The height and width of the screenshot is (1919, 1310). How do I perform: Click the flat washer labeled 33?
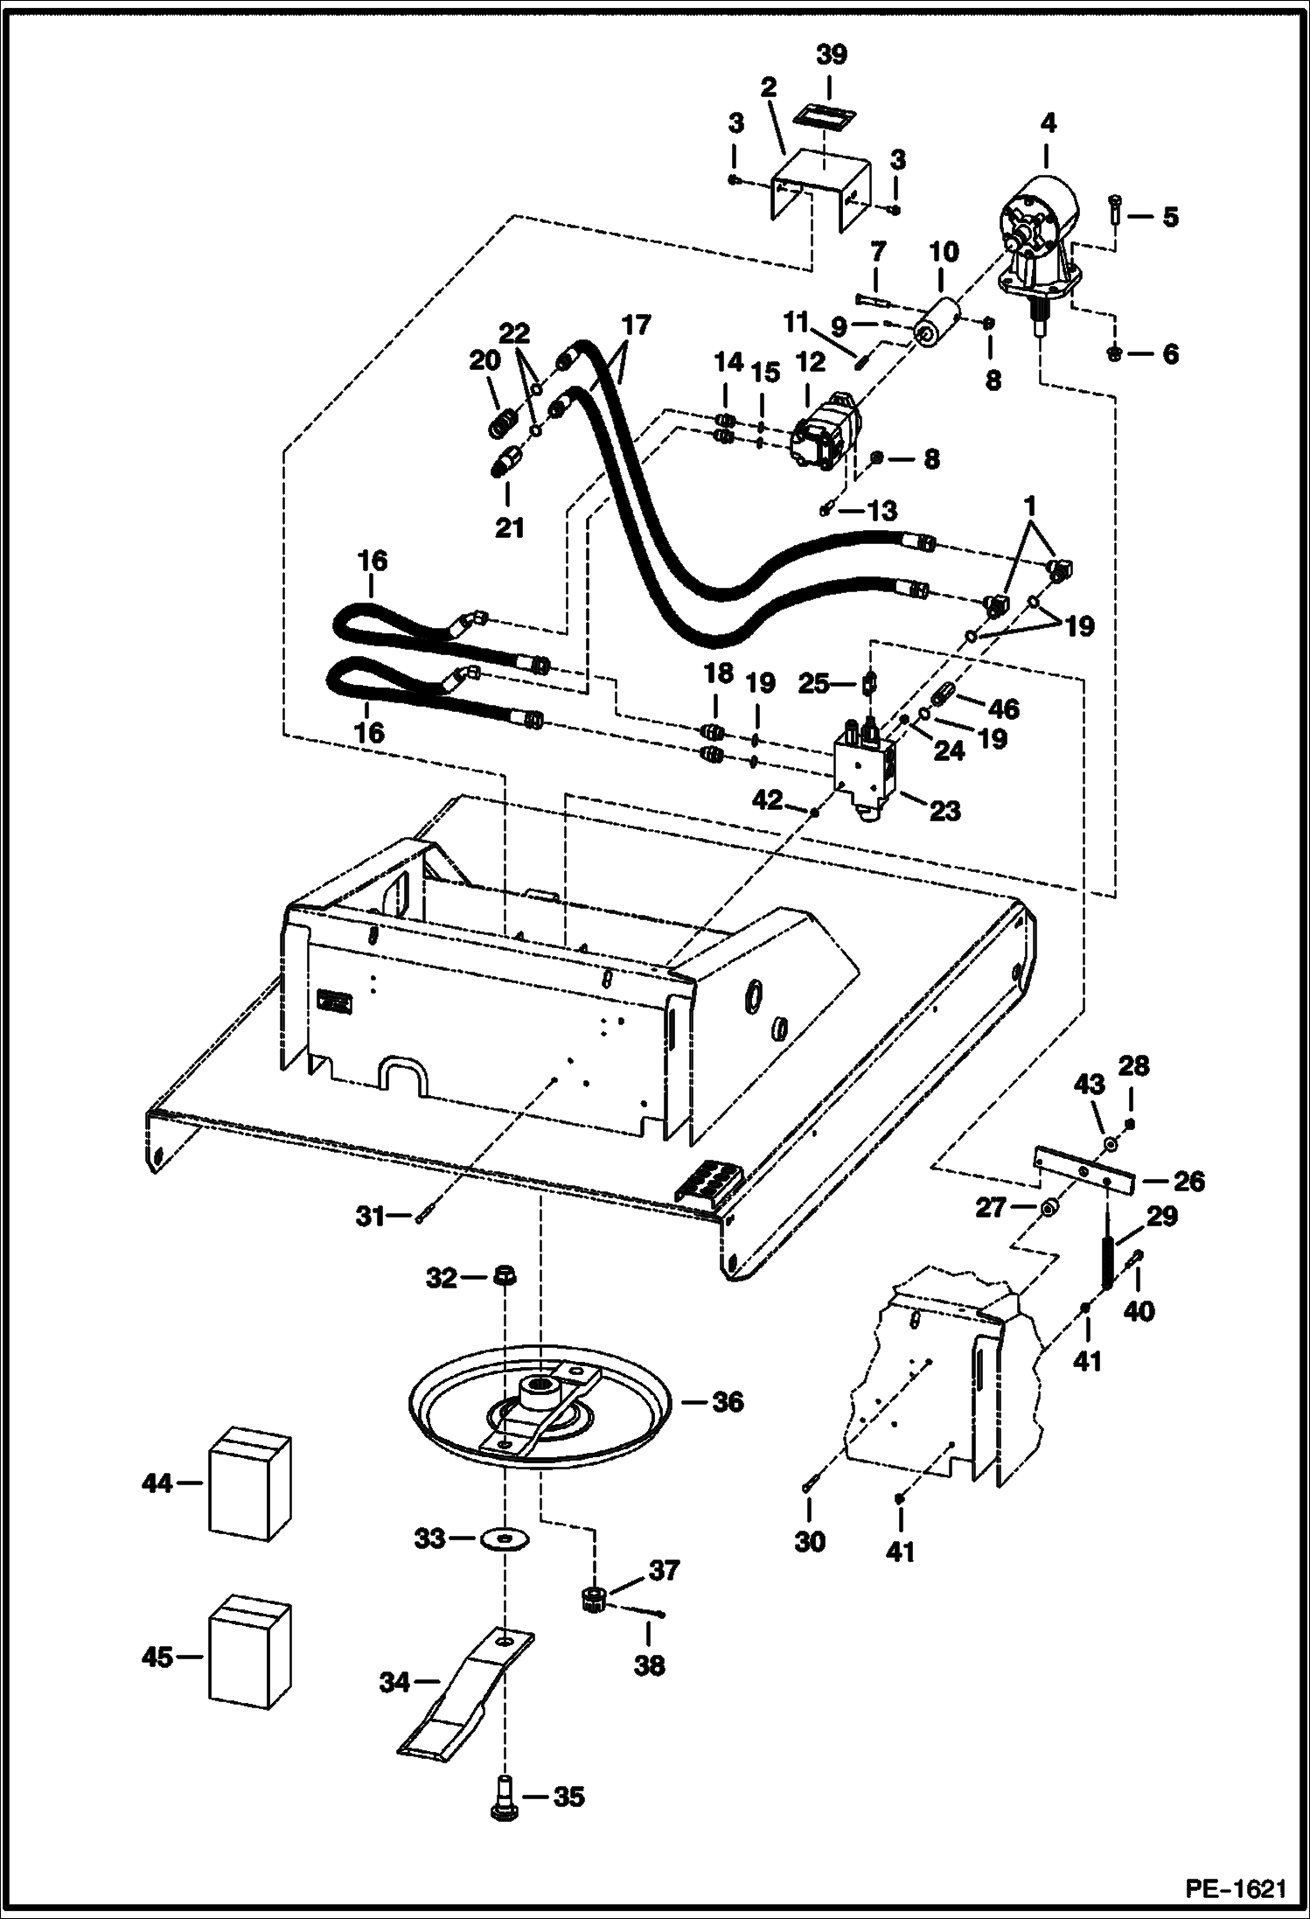[x=505, y=1539]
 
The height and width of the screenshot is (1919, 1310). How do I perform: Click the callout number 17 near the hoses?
[x=636, y=326]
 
